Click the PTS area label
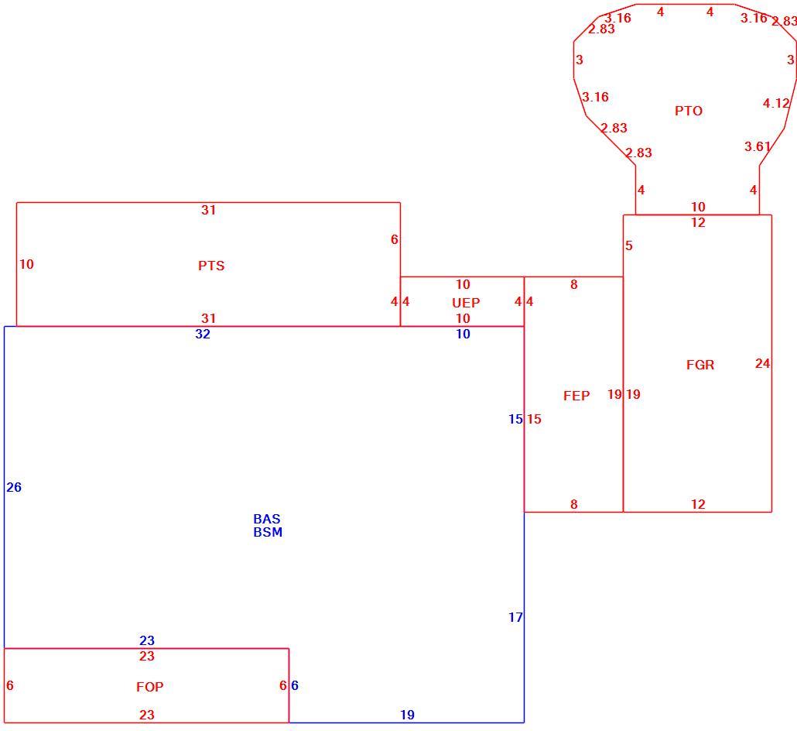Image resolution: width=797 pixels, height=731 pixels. click(211, 266)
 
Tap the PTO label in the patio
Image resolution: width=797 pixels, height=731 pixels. click(688, 111)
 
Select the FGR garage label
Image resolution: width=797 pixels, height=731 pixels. click(700, 365)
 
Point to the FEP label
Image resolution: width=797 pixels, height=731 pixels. click(576, 396)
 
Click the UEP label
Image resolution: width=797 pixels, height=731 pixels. click(466, 304)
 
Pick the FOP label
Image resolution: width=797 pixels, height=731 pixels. click(150, 688)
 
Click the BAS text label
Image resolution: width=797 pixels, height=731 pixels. click(267, 519)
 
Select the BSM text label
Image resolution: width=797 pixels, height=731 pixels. click(268, 532)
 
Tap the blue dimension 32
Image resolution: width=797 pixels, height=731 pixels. click(203, 335)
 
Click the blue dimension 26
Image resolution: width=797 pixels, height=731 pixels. click(14, 487)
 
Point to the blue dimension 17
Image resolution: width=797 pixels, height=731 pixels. click(515, 618)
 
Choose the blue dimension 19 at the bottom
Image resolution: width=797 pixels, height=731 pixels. click(407, 716)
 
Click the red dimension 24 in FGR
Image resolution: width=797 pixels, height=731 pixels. click(762, 364)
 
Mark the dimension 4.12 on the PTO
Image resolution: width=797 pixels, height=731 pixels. click(776, 104)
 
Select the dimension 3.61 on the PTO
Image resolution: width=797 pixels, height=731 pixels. click(758, 147)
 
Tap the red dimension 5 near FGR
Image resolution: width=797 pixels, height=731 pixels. click(629, 246)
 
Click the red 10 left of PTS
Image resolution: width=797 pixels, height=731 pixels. click(26, 265)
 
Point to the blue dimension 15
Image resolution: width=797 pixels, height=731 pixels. click(515, 419)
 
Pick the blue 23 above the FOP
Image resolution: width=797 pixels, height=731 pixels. click(147, 640)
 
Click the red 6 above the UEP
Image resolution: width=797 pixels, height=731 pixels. click(394, 239)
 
